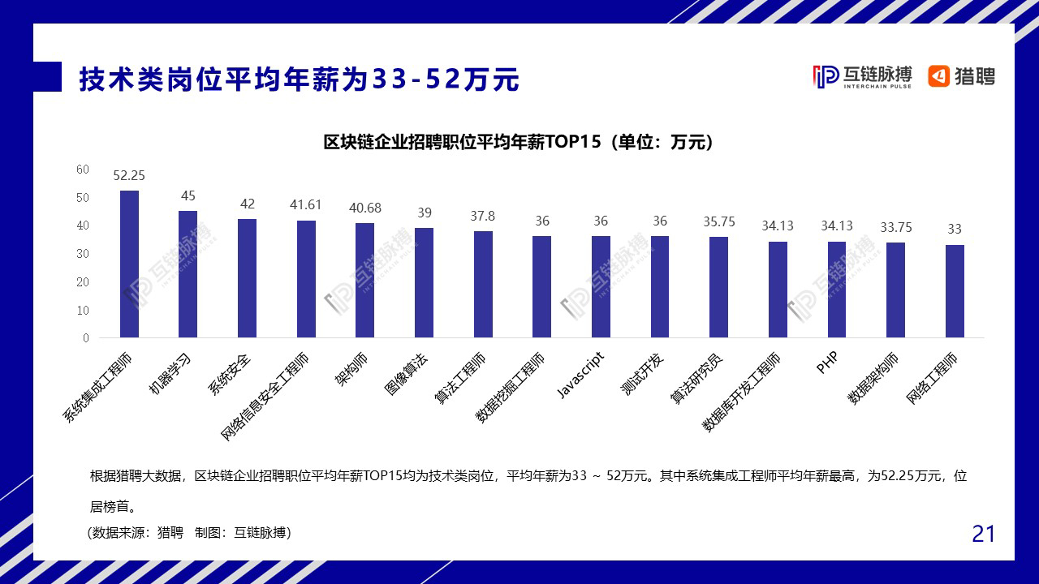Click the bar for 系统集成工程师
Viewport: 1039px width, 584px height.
click(x=129, y=264)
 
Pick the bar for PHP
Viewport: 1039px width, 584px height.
click(x=837, y=290)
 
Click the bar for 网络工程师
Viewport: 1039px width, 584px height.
click(x=955, y=291)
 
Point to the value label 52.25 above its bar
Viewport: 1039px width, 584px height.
click(x=129, y=175)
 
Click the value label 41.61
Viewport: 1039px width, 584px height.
click(x=305, y=205)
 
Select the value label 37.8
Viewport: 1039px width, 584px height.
click(x=482, y=216)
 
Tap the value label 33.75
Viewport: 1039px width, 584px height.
click(x=895, y=227)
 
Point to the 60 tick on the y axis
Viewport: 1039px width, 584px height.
click(x=83, y=170)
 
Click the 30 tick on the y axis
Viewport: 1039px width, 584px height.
click(x=83, y=254)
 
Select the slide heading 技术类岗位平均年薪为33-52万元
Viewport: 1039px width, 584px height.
click(x=299, y=79)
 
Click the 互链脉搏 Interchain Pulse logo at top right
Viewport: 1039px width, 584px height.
click(x=862, y=76)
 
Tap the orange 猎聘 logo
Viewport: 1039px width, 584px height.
click(x=962, y=76)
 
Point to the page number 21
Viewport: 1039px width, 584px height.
click(x=983, y=534)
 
